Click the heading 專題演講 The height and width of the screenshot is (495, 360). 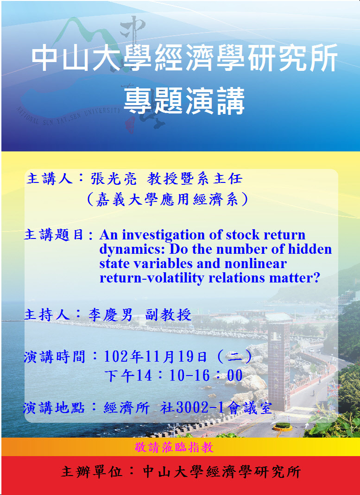pyautogui.click(x=184, y=101)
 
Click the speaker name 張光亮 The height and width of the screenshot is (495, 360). pyautogui.click(x=114, y=179)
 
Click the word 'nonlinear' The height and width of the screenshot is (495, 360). pyautogui.click(x=255, y=263)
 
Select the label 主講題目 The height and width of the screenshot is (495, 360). pyautogui.click(x=54, y=235)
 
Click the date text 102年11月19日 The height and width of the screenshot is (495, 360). pyautogui.click(x=155, y=357)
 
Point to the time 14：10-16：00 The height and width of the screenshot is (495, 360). pyautogui.click(x=189, y=376)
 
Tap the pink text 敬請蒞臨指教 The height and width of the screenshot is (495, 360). pyautogui.click(x=174, y=447)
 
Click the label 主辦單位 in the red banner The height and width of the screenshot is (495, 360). pyautogui.click(x=91, y=472)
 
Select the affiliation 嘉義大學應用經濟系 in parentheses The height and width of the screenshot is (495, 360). pyautogui.click(x=167, y=200)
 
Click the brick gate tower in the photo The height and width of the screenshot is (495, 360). pyautogui.click(x=278, y=366)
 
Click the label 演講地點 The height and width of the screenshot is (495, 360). pyautogui.click(x=54, y=408)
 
